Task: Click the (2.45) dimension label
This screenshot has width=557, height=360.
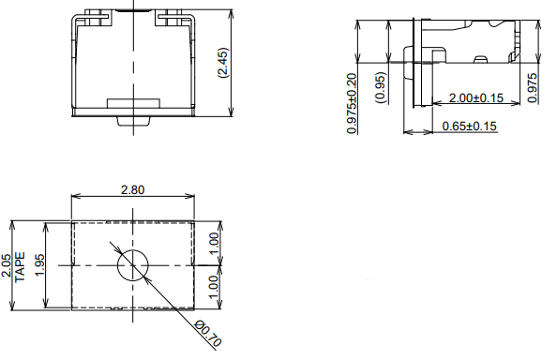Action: point(224,63)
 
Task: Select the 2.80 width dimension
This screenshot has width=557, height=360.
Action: point(133,190)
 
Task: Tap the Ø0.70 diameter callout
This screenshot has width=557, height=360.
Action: point(208,334)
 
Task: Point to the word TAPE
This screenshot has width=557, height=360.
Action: point(21,267)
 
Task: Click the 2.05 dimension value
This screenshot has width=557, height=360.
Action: point(8,265)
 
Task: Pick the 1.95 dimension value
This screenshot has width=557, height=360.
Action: point(39,265)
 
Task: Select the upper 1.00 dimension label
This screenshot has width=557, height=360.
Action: point(214,243)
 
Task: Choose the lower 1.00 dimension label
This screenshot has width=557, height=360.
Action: point(213,287)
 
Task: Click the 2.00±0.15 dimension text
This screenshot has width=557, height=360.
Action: point(476,97)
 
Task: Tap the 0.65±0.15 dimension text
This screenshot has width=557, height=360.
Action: point(469,126)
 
